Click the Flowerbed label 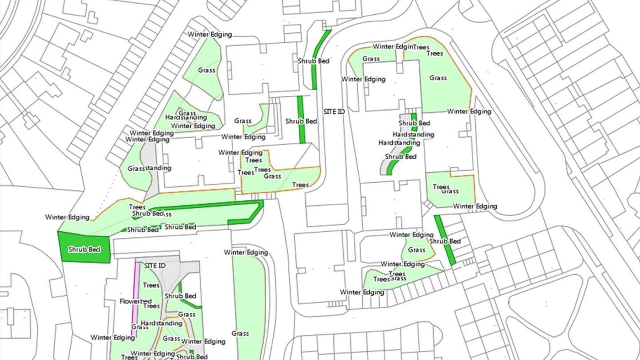pyautogui.click(x=136, y=301)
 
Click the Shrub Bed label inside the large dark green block pyautogui.click(x=84, y=249)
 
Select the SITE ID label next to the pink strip pyautogui.click(x=155, y=265)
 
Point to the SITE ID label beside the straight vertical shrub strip pyautogui.click(x=333, y=112)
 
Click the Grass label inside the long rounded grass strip pyautogui.click(x=240, y=333)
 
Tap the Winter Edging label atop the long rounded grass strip pyautogui.click(x=246, y=252)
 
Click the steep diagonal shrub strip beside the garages pyautogui.click(x=444, y=240)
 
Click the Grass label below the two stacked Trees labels pyautogui.click(x=438, y=78)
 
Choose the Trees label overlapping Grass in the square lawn pyautogui.click(x=441, y=187)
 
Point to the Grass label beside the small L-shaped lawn pyautogui.click(x=243, y=121)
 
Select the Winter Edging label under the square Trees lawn pyautogui.click(x=475, y=206)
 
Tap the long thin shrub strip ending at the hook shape pyautogui.click(x=204, y=205)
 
